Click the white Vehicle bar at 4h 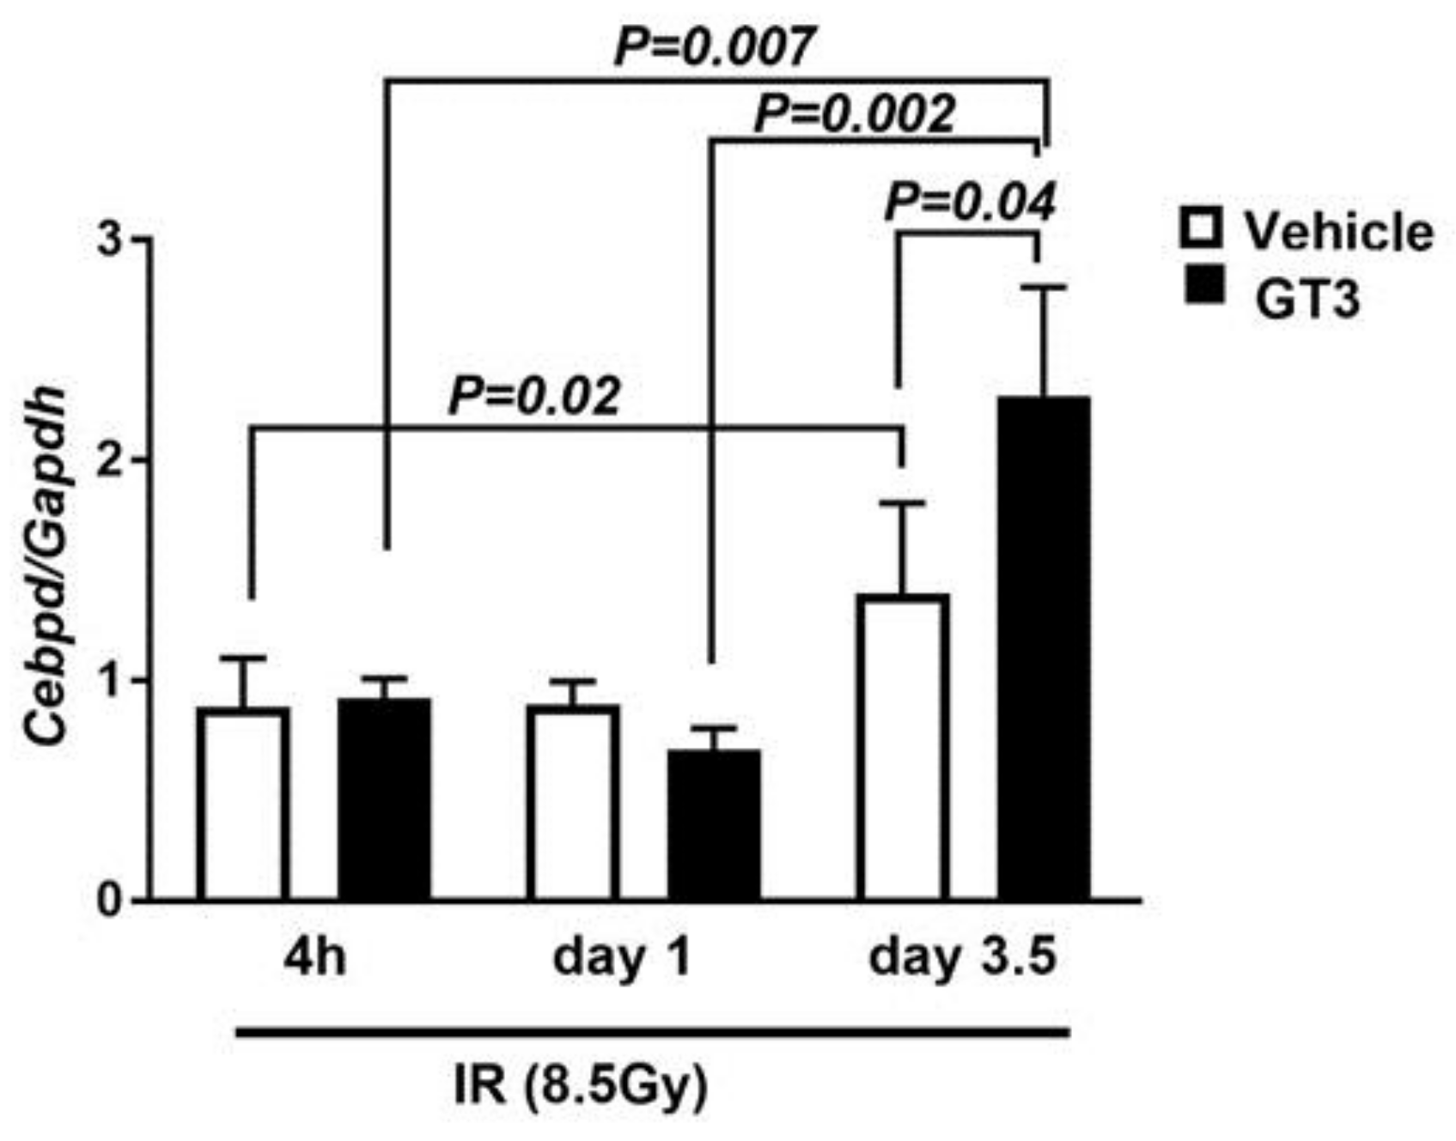pos(243,804)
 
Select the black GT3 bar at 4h pos(384,799)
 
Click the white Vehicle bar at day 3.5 pos(902,747)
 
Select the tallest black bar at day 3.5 pos(1044,648)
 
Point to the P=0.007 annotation pos(713,47)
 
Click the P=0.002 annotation pos(854,114)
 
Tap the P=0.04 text pos(969,203)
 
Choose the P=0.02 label pos(533,397)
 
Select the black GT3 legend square pos(1203,284)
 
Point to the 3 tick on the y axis pos(109,240)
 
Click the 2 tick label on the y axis pos(109,460)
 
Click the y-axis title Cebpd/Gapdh pos(45,567)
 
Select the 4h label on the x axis pos(314,958)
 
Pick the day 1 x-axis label pos(621,958)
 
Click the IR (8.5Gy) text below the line pos(581,1088)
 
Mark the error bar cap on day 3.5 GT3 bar pos(1044,288)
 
